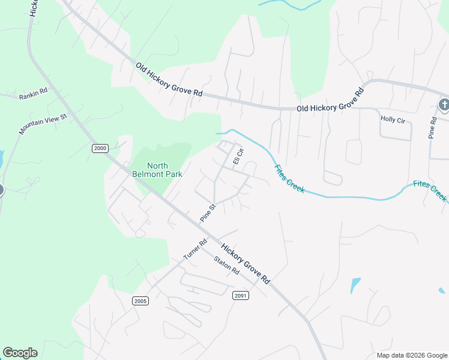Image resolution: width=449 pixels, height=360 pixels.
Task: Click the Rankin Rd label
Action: click(x=33, y=94)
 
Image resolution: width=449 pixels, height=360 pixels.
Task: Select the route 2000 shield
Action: click(x=100, y=148)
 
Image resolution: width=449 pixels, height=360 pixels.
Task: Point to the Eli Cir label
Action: click(x=238, y=157)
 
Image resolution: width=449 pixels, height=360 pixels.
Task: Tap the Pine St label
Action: click(x=208, y=212)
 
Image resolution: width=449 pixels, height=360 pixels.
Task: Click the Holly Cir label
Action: click(x=393, y=119)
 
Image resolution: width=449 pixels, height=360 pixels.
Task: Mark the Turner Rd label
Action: click(x=194, y=248)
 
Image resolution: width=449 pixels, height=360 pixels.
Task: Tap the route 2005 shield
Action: click(x=140, y=301)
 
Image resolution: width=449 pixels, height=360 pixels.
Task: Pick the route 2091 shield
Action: click(x=241, y=295)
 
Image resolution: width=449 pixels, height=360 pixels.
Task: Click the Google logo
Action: click(x=20, y=353)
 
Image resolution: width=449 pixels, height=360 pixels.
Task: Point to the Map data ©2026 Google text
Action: click(x=411, y=355)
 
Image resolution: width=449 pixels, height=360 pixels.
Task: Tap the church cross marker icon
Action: click(x=443, y=105)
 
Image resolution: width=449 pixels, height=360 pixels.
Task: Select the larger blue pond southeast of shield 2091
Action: click(x=355, y=284)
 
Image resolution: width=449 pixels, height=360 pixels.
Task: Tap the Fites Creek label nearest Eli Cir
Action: click(x=290, y=179)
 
